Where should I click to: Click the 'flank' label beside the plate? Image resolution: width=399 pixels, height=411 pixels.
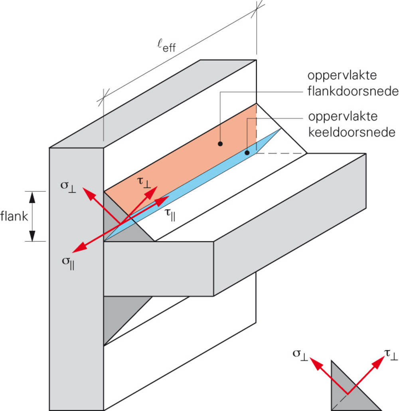coord(14,216)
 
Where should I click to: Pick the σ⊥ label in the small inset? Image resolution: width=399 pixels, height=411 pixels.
coord(299,354)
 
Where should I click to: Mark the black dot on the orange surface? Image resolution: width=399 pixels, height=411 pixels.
coord(220,143)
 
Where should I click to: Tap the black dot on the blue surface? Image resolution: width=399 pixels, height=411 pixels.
coord(247,153)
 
